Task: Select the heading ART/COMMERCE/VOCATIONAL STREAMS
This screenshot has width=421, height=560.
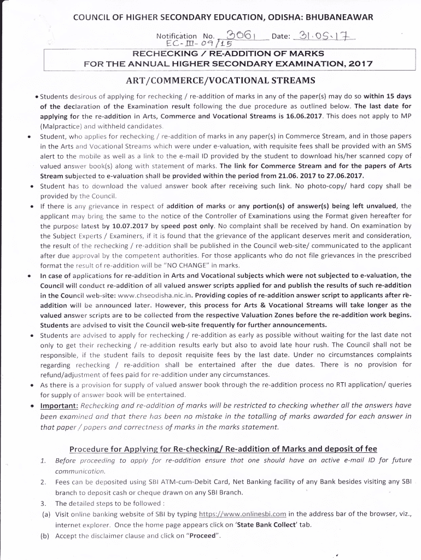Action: (221, 80)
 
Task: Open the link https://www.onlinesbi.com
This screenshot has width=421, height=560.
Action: (243, 515)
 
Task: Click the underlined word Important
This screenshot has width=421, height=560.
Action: (59, 406)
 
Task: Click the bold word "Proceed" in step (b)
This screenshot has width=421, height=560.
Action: (203, 535)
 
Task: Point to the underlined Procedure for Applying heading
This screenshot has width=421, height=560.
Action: (223, 449)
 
